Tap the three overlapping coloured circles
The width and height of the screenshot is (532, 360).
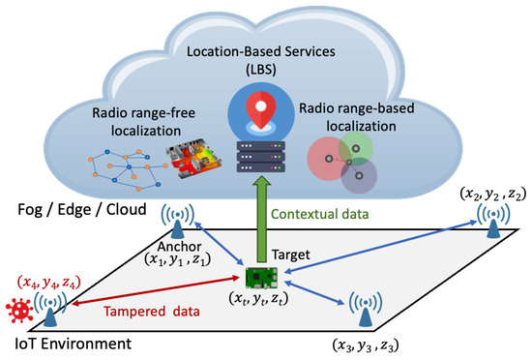[x=346, y=161]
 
